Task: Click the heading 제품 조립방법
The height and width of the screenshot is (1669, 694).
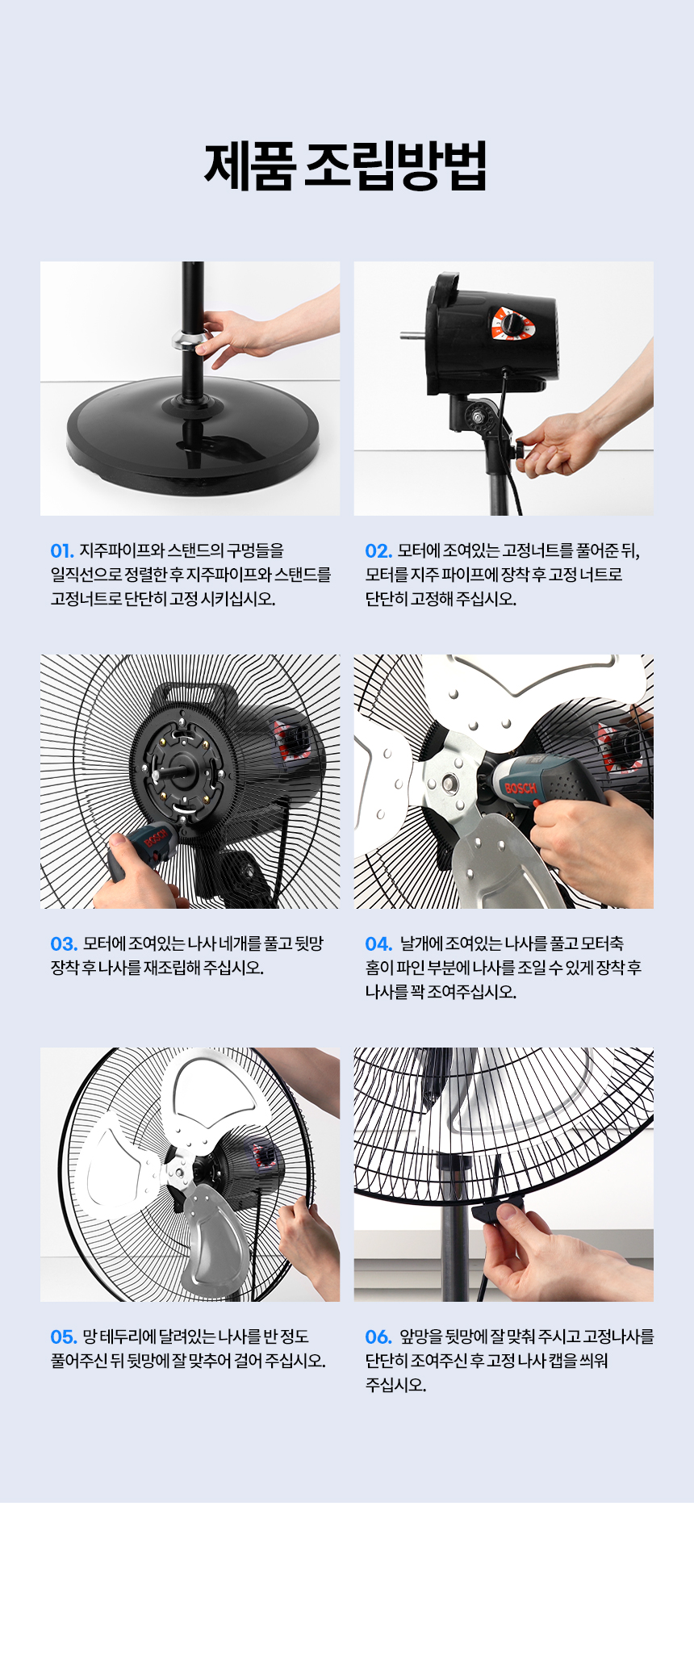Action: click(345, 166)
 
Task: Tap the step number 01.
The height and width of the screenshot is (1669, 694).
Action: click(62, 551)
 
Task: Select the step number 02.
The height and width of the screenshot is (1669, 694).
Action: click(378, 551)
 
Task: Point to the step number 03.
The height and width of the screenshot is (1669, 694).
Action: click(64, 944)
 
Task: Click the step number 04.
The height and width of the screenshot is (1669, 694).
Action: click(378, 944)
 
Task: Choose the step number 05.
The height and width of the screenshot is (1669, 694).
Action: click(64, 1337)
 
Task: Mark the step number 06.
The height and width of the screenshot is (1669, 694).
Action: click(378, 1337)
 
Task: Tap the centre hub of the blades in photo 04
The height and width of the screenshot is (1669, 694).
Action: click(448, 783)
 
